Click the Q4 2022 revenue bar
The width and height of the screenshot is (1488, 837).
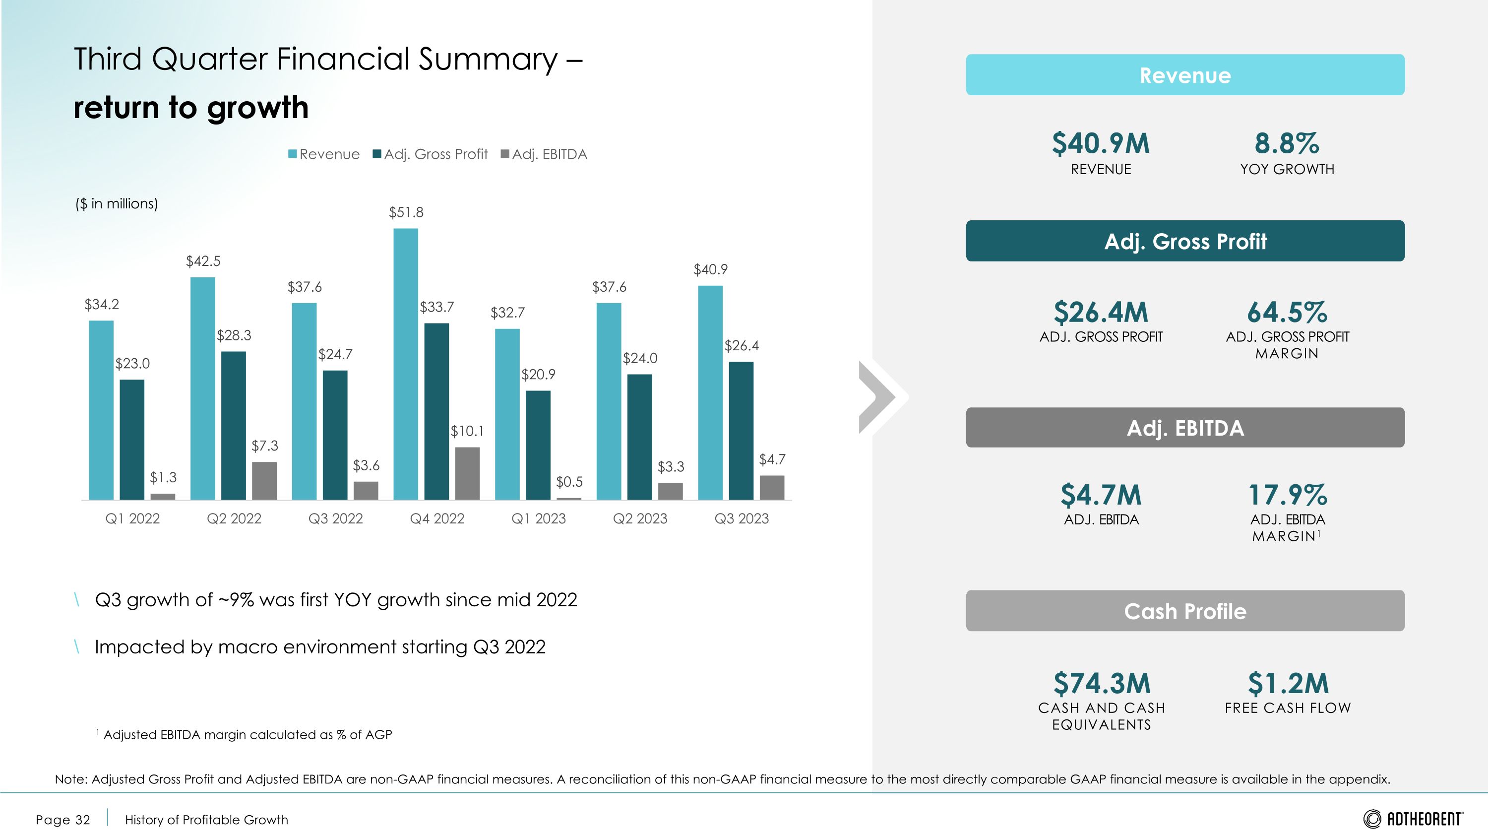(406, 364)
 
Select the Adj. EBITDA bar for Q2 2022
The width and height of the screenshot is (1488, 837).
(264, 481)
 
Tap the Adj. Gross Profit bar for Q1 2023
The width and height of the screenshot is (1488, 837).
(538, 445)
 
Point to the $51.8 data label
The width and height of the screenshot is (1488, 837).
(406, 212)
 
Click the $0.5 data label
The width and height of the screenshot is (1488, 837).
(569, 482)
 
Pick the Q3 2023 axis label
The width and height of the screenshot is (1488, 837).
(741, 518)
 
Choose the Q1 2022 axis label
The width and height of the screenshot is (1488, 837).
(132, 518)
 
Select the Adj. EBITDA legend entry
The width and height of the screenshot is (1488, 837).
(544, 154)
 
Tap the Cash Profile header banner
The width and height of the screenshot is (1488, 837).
(1185, 611)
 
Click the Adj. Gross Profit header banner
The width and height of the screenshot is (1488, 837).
(1185, 241)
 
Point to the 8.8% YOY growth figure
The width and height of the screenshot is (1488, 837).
(1287, 144)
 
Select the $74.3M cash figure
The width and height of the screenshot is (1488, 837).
(1102, 683)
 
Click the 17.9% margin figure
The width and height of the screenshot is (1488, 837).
(1288, 495)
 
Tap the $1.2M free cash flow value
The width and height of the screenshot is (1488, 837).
(1288, 683)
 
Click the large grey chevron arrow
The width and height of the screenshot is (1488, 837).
(881, 397)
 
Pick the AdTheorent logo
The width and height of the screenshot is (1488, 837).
(1413, 819)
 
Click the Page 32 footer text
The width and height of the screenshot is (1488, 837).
(63, 820)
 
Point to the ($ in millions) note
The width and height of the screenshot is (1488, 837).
(117, 203)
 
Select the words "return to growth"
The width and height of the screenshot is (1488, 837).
(191, 108)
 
